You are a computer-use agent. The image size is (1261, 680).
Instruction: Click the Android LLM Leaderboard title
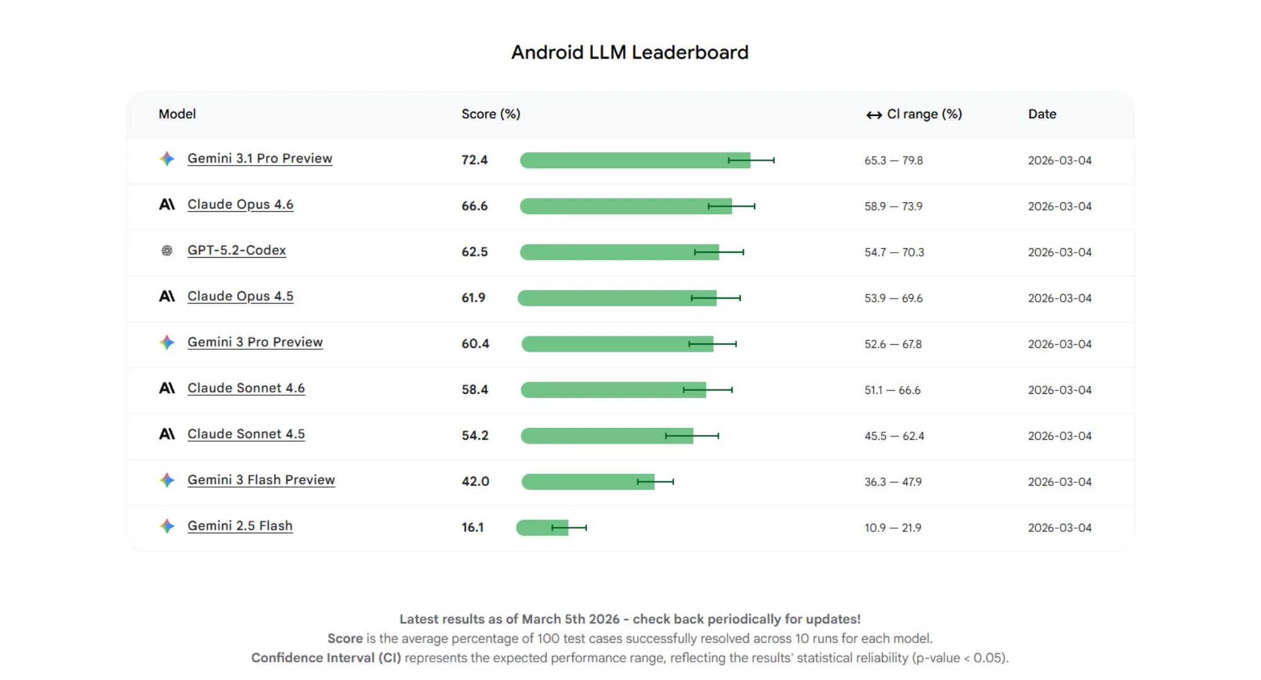629,52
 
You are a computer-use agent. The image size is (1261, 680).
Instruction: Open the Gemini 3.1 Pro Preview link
259,159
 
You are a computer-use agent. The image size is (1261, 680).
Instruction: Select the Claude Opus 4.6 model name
240,205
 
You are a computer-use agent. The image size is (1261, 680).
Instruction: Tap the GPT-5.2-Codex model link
236,251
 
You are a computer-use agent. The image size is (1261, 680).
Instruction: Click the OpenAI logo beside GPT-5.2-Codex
166,251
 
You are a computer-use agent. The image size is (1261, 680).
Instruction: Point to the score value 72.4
474,160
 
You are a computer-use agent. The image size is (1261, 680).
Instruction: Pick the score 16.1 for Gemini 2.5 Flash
472,527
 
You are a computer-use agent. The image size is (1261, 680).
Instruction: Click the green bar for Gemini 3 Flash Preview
580,482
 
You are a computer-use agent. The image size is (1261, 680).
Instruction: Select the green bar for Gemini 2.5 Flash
536,527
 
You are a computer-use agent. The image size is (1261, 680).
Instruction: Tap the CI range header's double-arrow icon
873,115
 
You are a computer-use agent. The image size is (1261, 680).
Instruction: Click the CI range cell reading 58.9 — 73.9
893,207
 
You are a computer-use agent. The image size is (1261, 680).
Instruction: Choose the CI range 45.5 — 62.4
893,436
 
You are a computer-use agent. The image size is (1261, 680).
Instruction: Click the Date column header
1042,114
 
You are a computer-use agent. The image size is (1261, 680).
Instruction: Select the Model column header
177,114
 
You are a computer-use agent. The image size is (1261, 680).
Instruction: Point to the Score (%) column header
491,114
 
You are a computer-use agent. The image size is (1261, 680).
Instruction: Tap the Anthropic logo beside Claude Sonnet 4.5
166,434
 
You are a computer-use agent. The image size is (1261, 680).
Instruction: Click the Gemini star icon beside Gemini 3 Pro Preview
166,342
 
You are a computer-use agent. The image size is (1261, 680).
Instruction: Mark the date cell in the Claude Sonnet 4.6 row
1059,390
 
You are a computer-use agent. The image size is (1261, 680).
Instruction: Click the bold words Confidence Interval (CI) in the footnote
326,658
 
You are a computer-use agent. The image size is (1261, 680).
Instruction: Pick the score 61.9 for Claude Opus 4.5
473,298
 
